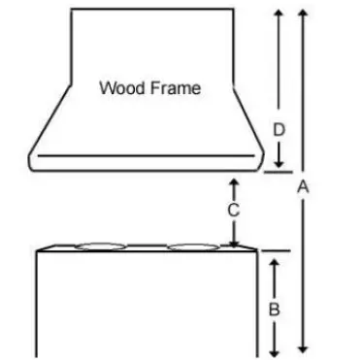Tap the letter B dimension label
pyautogui.click(x=275, y=311)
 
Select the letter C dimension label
pyautogui.click(x=233, y=210)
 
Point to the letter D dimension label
pyautogui.click(x=279, y=128)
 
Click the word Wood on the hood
pyautogui.click(x=119, y=88)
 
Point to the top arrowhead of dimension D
pyautogui.click(x=279, y=11)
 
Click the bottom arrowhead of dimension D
pyautogui.click(x=279, y=166)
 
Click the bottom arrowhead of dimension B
pyautogui.click(x=275, y=349)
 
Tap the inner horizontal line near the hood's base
pyautogui.click(x=146, y=155)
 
